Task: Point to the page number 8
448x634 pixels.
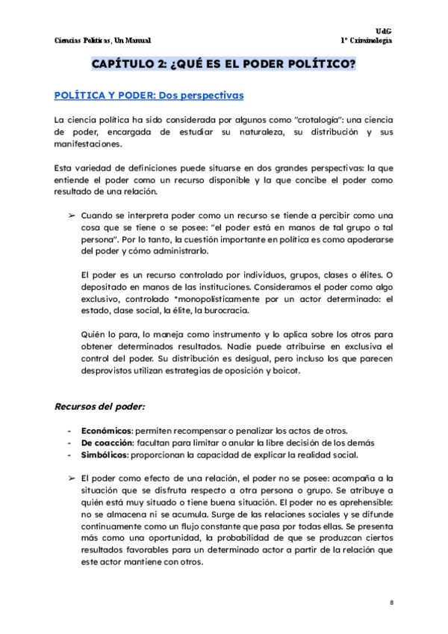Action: point(391,603)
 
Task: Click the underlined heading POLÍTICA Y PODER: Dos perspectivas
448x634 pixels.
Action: point(149,96)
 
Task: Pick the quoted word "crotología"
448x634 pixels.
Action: point(322,120)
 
